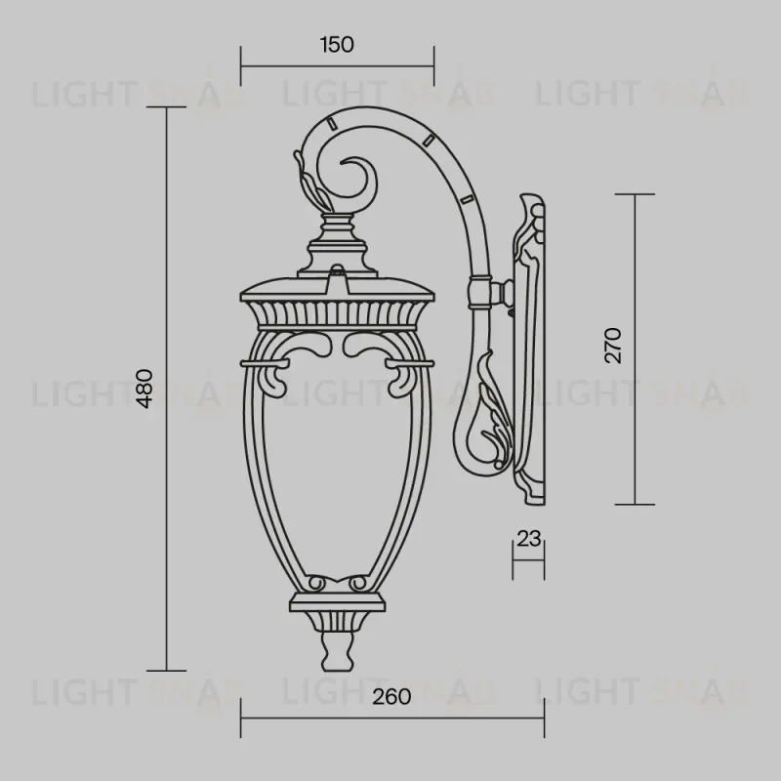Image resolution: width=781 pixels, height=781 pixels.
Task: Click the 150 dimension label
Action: tap(337, 44)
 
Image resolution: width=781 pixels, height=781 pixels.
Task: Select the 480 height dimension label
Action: tap(144, 389)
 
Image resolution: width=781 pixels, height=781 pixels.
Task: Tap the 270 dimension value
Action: tap(612, 346)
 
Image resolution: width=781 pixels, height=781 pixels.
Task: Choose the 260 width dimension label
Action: tap(391, 697)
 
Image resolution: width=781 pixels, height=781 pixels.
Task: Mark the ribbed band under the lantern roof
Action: tap(337, 314)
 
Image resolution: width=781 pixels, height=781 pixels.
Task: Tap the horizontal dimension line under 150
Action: tap(337, 66)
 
